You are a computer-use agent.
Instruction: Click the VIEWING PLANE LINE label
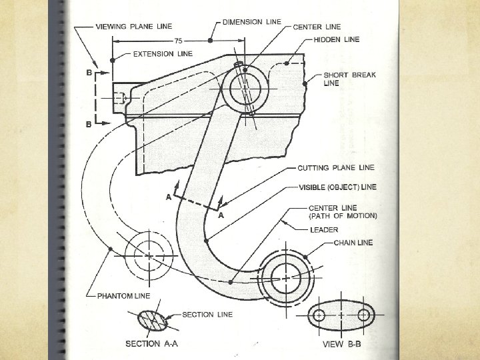(134, 27)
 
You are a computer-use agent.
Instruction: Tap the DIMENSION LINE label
(251, 23)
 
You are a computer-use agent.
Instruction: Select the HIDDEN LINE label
(337, 40)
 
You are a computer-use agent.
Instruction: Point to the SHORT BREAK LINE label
(349, 79)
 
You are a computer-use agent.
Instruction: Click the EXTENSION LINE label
(163, 53)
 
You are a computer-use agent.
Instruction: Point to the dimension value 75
(179, 41)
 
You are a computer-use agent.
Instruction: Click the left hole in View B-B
(319, 315)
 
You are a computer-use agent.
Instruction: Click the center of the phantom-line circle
(148, 255)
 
